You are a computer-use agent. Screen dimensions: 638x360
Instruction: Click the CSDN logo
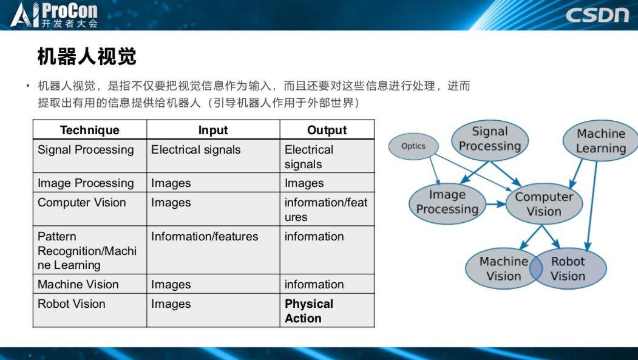[x=597, y=15]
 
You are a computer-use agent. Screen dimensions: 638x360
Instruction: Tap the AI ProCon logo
[x=54, y=15]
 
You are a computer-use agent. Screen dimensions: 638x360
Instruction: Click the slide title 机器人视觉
[x=87, y=56]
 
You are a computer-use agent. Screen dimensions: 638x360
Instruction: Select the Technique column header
[x=89, y=130]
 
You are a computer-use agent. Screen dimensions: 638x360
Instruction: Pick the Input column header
[x=213, y=130]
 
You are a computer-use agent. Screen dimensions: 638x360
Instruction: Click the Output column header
[x=327, y=130]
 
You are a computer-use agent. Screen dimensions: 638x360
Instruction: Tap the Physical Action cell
[x=309, y=311]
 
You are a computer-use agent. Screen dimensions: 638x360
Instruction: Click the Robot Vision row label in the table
[x=71, y=304]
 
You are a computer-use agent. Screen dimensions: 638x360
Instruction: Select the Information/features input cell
[x=205, y=236]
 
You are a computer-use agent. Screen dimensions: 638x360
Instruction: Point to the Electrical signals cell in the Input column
[x=195, y=150]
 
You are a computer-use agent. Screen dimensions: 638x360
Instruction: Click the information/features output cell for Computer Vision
[x=326, y=209]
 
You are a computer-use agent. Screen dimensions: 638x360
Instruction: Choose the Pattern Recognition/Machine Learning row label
[x=87, y=251]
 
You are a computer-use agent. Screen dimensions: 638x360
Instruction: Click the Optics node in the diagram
[x=413, y=146]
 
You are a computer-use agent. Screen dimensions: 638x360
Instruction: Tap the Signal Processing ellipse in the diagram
[x=490, y=140]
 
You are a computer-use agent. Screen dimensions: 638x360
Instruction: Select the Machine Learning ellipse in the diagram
[x=601, y=141]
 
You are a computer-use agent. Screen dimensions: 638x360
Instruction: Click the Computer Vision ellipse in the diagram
[x=544, y=204]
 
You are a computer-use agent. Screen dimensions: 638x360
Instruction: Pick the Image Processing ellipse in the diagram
[x=447, y=203]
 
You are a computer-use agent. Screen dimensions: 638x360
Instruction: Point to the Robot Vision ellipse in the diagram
[x=568, y=268]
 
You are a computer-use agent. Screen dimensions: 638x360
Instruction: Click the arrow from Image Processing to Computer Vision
[x=495, y=204]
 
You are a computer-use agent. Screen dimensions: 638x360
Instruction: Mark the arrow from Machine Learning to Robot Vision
[x=592, y=206]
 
